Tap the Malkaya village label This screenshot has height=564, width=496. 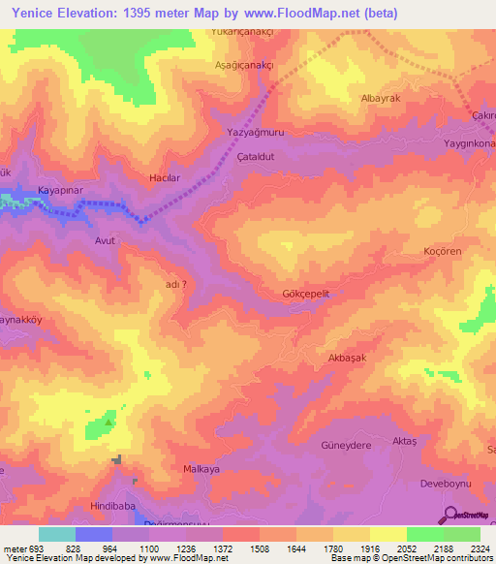pos(201,469)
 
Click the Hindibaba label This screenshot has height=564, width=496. pos(109,507)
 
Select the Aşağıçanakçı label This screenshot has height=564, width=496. pos(245,65)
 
